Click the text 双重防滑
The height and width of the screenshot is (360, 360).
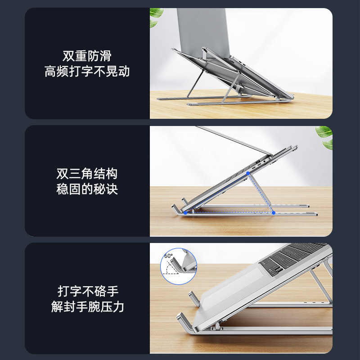click(x=87, y=56)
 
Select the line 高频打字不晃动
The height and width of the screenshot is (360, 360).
click(x=87, y=72)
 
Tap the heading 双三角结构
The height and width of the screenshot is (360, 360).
click(x=87, y=174)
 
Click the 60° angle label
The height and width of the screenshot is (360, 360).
click(x=168, y=256)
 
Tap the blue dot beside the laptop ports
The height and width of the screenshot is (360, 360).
click(x=248, y=173)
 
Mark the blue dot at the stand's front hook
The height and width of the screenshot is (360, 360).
click(x=185, y=213)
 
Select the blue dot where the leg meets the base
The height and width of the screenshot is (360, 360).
click(x=273, y=212)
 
